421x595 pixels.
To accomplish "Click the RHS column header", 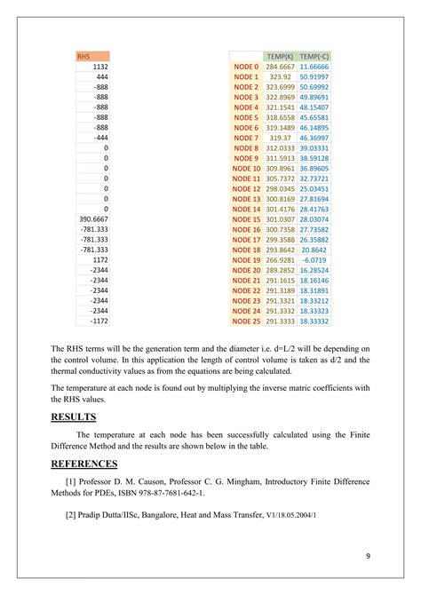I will pos(83,56).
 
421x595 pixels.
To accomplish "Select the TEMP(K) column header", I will pos(280,56).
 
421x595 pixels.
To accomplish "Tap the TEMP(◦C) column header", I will pos(314,56).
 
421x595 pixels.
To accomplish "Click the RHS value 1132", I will pos(99,67).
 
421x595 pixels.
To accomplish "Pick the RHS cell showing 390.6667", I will pos(93,218).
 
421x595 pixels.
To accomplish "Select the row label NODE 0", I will pos(245,67).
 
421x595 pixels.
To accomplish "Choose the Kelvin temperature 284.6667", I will pos(280,67).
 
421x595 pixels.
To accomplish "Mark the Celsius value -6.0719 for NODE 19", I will pos(314,259).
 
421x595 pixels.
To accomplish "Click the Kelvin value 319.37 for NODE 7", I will pos(281,138).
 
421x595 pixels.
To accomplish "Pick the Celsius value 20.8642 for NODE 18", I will pos(314,250).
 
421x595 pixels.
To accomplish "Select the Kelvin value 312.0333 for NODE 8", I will pos(280,147).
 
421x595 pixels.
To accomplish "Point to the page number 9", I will pos(367,556).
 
